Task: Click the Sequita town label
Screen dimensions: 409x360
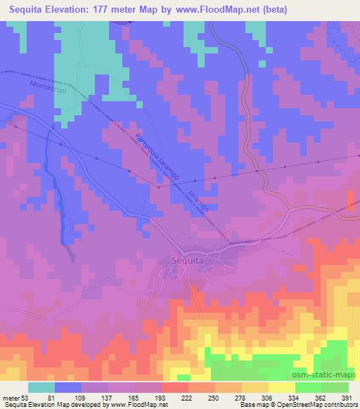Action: point(187,260)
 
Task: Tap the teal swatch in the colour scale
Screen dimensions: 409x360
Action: point(41,387)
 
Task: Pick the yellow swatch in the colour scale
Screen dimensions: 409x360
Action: point(282,387)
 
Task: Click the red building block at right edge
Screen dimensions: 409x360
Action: point(352,201)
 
